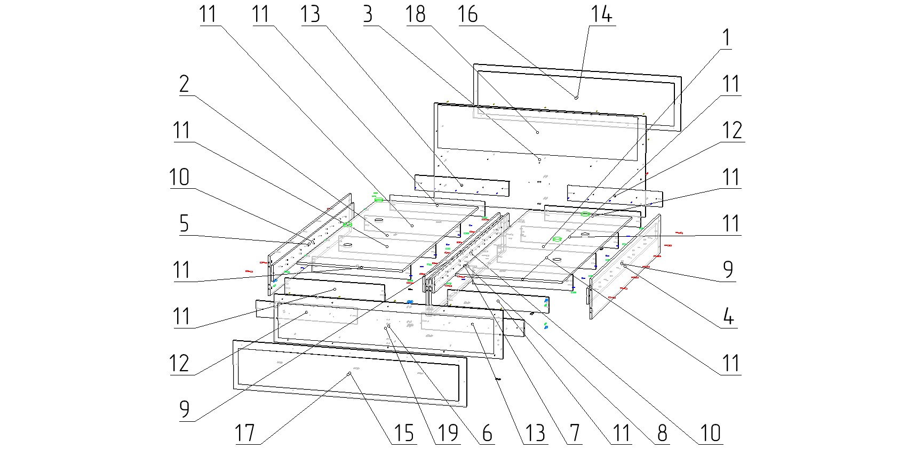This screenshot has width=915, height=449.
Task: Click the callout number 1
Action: click(726, 38)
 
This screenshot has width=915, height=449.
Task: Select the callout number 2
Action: click(184, 85)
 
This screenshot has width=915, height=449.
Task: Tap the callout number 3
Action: click(367, 14)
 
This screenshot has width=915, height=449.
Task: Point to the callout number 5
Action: click(184, 224)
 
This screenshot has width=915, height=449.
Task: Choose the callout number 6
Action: click(487, 434)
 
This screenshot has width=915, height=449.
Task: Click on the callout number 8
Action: click(662, 434)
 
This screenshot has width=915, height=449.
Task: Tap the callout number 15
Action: click(404, 434)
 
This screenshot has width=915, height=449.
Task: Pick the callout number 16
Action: click(468, 14)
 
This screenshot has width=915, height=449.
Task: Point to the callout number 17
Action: click(245, 434)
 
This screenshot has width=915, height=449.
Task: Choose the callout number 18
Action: click(416, 14)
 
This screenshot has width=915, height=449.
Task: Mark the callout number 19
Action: click(447, 434)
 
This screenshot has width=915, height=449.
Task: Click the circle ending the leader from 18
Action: click(537, 132)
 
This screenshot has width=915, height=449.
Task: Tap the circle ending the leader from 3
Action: click(539, 159)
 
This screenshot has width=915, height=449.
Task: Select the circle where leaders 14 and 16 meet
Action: click(576, 98)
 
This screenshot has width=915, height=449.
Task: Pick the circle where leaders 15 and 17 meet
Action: click(349, 374)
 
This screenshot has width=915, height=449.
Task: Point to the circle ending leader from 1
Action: click(543, 247)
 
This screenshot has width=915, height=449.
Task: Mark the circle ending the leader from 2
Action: click(387, 247)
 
